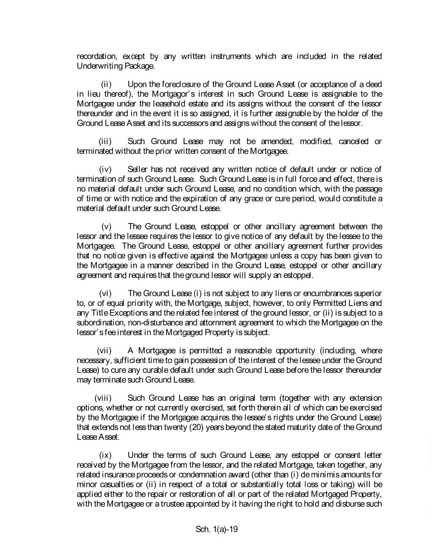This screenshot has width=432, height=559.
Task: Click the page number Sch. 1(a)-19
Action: (x=216, y=529)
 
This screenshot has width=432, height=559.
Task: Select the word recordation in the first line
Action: (x=96, y=56)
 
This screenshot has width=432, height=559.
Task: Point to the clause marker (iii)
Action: (x=106, y=141)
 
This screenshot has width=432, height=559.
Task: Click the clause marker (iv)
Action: (x=106, y=171)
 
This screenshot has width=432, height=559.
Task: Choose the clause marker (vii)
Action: (x=104, y=350)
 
